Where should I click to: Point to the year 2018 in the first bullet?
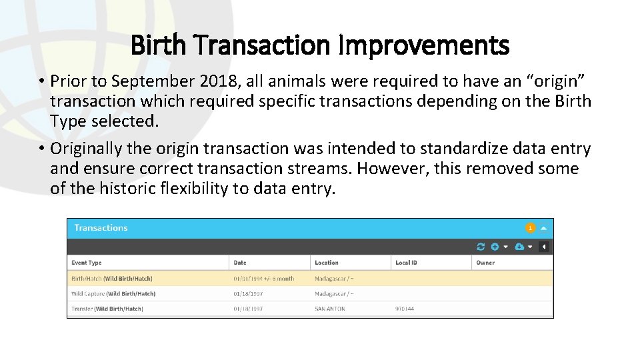pos(215,81)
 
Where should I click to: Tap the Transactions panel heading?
pos(101,228)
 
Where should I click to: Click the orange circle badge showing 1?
pos(530,228)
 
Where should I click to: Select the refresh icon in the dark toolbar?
pos(481,247)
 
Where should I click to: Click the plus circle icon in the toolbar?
pos(495,247)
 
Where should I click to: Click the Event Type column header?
pos(87,263)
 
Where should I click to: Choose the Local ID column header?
pos(406,263)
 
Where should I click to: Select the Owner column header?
pos(485,263)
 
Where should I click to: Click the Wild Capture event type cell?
pos(113,293)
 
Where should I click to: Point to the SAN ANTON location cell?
pos(330,309)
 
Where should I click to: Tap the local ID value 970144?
pos(405,309)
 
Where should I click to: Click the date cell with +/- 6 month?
pos(264,278)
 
